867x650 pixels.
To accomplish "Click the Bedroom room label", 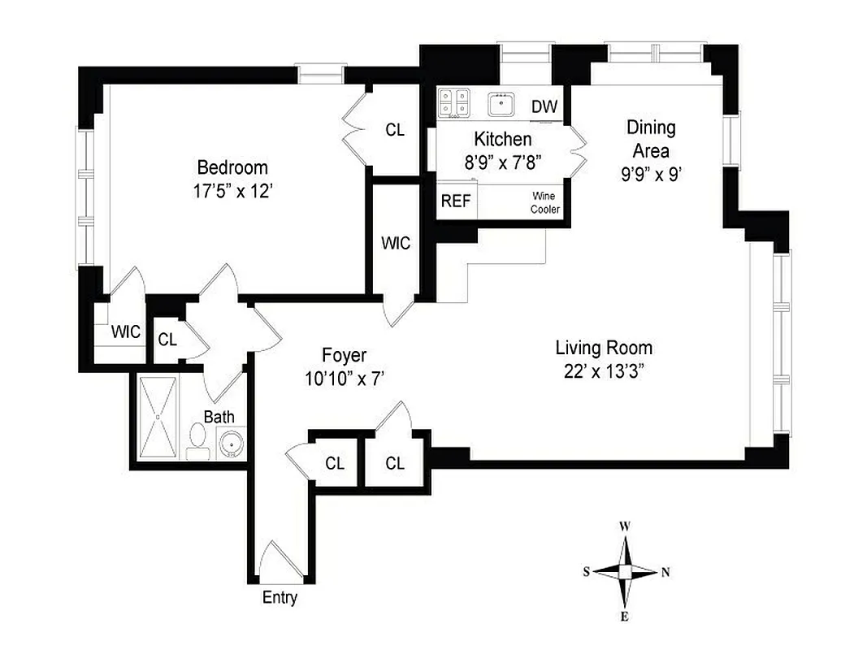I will [232, 168].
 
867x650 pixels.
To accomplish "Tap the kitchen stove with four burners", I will [454, 102].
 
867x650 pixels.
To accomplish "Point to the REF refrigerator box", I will [455, 201].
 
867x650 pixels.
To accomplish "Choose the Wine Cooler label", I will [545, 202].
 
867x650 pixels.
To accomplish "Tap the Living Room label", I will [604, 349].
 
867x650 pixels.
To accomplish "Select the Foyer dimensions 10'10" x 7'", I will [344, 377].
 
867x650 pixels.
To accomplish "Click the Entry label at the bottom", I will [280, 598].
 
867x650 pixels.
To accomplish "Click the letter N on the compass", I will [665, 572].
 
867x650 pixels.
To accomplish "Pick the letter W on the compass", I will [625, 526].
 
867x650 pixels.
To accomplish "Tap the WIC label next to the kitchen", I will [396, 242].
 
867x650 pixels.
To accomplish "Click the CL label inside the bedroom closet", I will [395, 130].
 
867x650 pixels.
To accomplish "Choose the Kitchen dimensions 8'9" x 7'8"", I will [503, 161].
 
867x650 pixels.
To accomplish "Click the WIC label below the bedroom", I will [126, 331].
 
